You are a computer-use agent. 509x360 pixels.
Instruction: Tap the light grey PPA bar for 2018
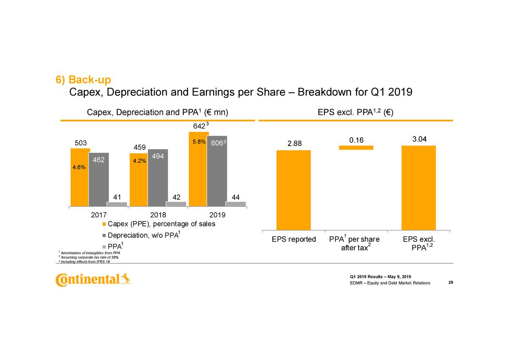coord(176,204)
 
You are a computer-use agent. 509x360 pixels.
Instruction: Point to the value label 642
coord(198,126)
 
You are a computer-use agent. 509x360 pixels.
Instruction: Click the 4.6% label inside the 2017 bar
coord(79,167)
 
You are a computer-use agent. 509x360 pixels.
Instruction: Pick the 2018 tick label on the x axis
coord(158,215)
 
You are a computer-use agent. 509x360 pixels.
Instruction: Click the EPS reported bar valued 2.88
coord(293,190)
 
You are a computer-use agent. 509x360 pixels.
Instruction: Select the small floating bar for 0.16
coord(356,148)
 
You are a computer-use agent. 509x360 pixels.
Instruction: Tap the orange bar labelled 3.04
coord(418,188)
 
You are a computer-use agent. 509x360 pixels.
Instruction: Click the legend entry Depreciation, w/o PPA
coord(142,235)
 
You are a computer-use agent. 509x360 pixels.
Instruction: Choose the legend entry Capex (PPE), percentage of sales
coord(161,224)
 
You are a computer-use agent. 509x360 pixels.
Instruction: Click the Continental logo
coord(93,280)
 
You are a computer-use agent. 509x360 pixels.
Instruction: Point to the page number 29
coord(451,282)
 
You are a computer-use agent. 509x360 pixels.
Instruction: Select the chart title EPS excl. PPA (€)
coord(355,113)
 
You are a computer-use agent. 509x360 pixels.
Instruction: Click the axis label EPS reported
coord(293,239)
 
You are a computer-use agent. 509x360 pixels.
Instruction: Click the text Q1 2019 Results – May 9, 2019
coord(380,277)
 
